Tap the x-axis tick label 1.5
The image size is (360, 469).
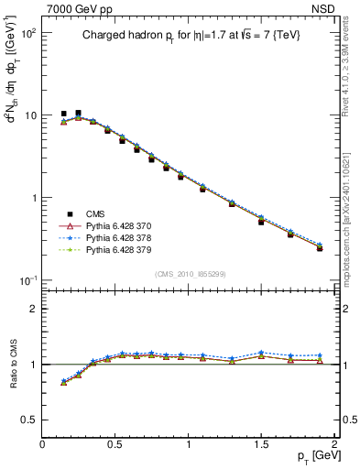(x=261, y=444)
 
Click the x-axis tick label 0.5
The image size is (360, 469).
(x=115, y=444)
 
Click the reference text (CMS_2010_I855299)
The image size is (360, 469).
(x=189, y=274)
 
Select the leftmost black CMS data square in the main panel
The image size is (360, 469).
(x=63, y=115)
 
